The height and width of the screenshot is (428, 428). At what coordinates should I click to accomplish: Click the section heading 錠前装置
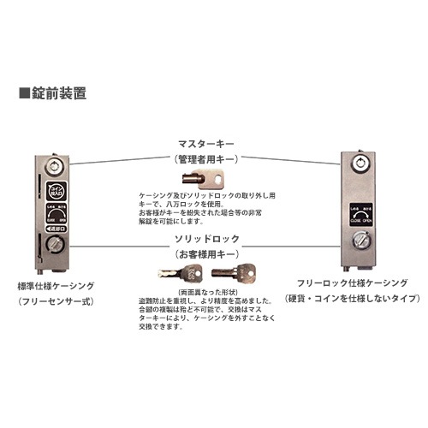tap(53, 90)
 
